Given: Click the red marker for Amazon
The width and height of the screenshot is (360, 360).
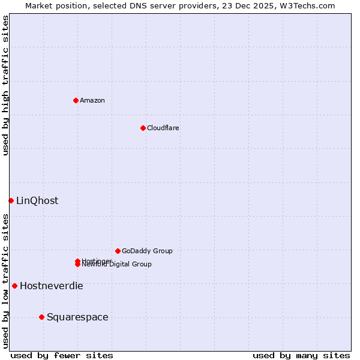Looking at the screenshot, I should click(x=76, y=100).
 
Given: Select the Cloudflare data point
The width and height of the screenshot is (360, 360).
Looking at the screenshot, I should click(x=143, y=128).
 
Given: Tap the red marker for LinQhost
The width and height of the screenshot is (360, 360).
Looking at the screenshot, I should click(x=11, y=200).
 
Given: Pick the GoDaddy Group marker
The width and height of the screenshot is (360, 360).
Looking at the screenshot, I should click(x=118, y=251).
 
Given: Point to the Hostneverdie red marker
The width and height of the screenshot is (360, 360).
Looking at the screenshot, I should click(x=14, y=286).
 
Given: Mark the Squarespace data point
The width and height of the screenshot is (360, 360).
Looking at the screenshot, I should click(x=41, y=317).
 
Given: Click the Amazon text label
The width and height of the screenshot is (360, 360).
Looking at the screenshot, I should click(x=92, y=100).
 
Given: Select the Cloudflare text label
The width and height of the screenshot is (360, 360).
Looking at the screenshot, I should click(x=163, y=128).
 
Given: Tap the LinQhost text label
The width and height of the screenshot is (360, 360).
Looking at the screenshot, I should click(x=37, y=200).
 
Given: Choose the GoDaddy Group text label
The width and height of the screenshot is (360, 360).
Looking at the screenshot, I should click(x=147, y=251).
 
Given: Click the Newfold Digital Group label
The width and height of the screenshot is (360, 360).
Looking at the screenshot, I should click(x=118, y=265).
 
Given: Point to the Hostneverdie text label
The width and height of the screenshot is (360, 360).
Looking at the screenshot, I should click(x=52, y=286).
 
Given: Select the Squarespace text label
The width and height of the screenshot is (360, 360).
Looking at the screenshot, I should click(x=77, y=317).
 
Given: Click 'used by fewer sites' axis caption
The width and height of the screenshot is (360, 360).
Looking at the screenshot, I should click(x=62, y=356).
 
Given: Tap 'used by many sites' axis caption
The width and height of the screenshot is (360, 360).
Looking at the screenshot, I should click(x=301, y=356).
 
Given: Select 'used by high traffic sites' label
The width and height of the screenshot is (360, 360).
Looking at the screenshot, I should click(x=5, y=85).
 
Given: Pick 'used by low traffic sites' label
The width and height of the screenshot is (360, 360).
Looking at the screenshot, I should click(x=5, y=280).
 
